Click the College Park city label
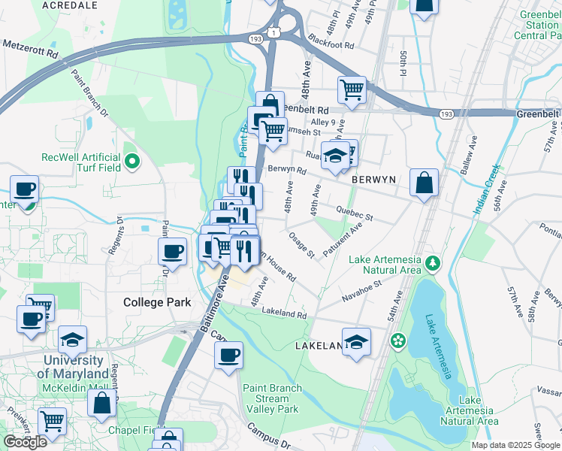tap(156, 302)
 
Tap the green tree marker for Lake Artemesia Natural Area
tap(433, 263)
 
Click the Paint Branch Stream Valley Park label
tap(271, 398)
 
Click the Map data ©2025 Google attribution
tap(515, 445)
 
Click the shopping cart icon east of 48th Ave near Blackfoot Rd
tap(352, 89)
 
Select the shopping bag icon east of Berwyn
tap(424, 183)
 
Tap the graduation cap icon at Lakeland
tap(356, 341)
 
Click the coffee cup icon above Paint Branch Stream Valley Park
tap(229, 356)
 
